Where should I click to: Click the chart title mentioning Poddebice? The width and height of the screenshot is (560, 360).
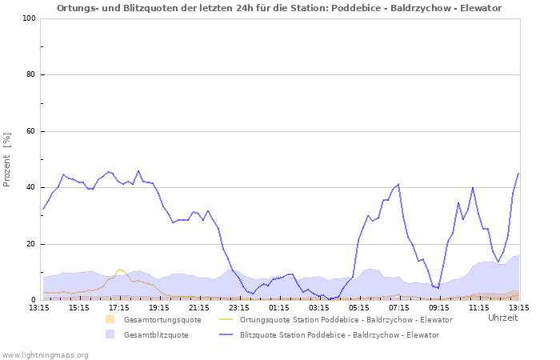coord(279,8)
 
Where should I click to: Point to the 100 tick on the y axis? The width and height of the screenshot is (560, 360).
coord(30,18)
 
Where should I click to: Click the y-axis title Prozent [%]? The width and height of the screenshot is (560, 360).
coord(7,159)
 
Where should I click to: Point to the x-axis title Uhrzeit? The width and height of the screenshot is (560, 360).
coord(502,318)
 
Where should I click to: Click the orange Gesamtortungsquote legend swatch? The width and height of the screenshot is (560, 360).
coord(110,319)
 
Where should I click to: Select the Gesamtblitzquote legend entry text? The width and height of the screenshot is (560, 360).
coord(156,334)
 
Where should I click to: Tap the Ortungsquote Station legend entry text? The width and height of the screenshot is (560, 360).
coord(346,319)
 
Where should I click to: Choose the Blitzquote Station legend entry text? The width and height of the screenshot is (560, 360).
coord(339,334)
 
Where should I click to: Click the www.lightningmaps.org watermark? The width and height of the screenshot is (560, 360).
coord(46,354)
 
